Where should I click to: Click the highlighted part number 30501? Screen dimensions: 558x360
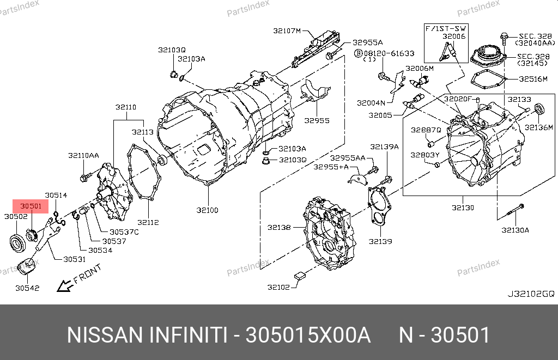(x=31, y=206)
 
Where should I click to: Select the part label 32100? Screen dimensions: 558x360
(x=208, y=210)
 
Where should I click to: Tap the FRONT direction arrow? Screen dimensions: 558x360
(x=64, y=285)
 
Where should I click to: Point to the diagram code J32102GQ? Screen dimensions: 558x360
(x=531, y=294)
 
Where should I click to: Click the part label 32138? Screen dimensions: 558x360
(x=279, y=227)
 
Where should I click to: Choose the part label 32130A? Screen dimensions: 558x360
(x=515, y=230)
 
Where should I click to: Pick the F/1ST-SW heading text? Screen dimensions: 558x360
(x=446, y=28)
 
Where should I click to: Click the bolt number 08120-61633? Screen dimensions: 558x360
(x=389, y=53)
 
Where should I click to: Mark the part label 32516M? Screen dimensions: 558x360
(x=533, y=79)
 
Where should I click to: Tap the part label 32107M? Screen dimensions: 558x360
(x=287, y=31)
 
